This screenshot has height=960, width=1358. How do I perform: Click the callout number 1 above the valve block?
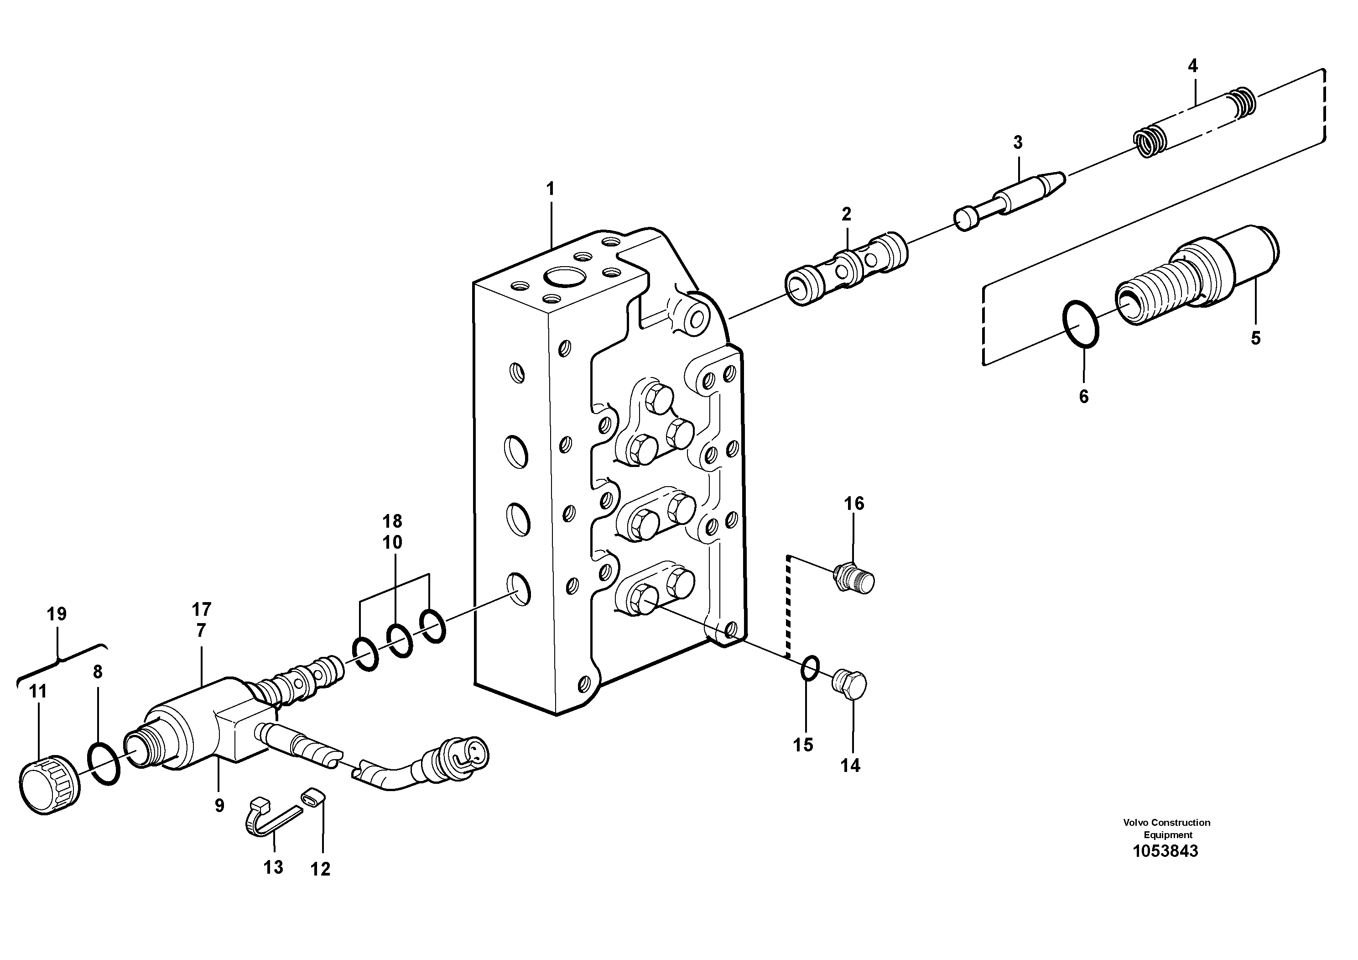coord(550,189)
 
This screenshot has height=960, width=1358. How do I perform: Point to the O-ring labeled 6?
coord(1081,323)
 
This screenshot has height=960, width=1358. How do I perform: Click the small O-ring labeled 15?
coord(810,669)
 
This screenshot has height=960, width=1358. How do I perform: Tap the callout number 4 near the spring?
coord(1192,66)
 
